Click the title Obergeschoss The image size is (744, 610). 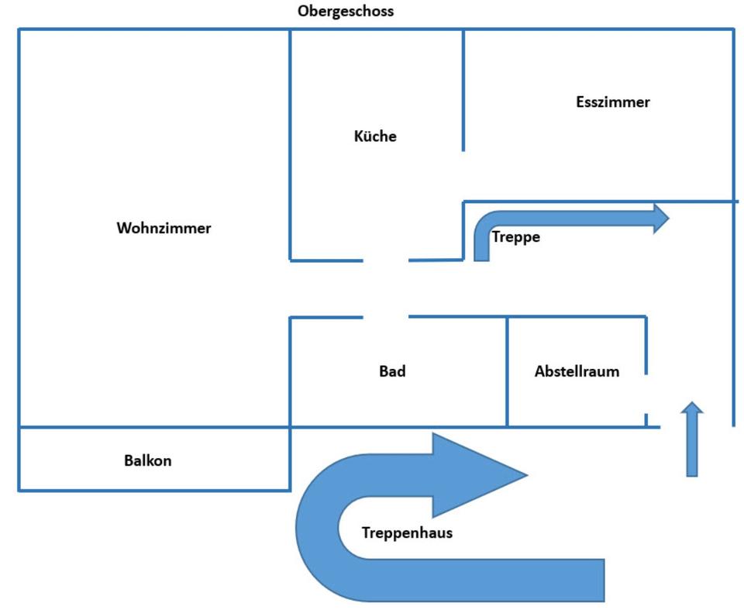346,12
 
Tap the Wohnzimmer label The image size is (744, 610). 164,229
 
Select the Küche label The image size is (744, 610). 375,136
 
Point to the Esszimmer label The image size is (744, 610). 613,102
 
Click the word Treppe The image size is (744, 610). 515,237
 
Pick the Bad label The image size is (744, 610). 392,371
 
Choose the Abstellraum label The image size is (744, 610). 577,371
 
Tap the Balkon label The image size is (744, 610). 148,461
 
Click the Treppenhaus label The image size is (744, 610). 407,533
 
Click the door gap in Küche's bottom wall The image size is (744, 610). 386,260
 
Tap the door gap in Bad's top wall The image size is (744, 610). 386,316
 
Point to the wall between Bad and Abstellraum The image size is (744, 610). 508,371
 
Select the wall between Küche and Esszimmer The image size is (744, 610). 463,89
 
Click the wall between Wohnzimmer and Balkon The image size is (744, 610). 155,427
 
